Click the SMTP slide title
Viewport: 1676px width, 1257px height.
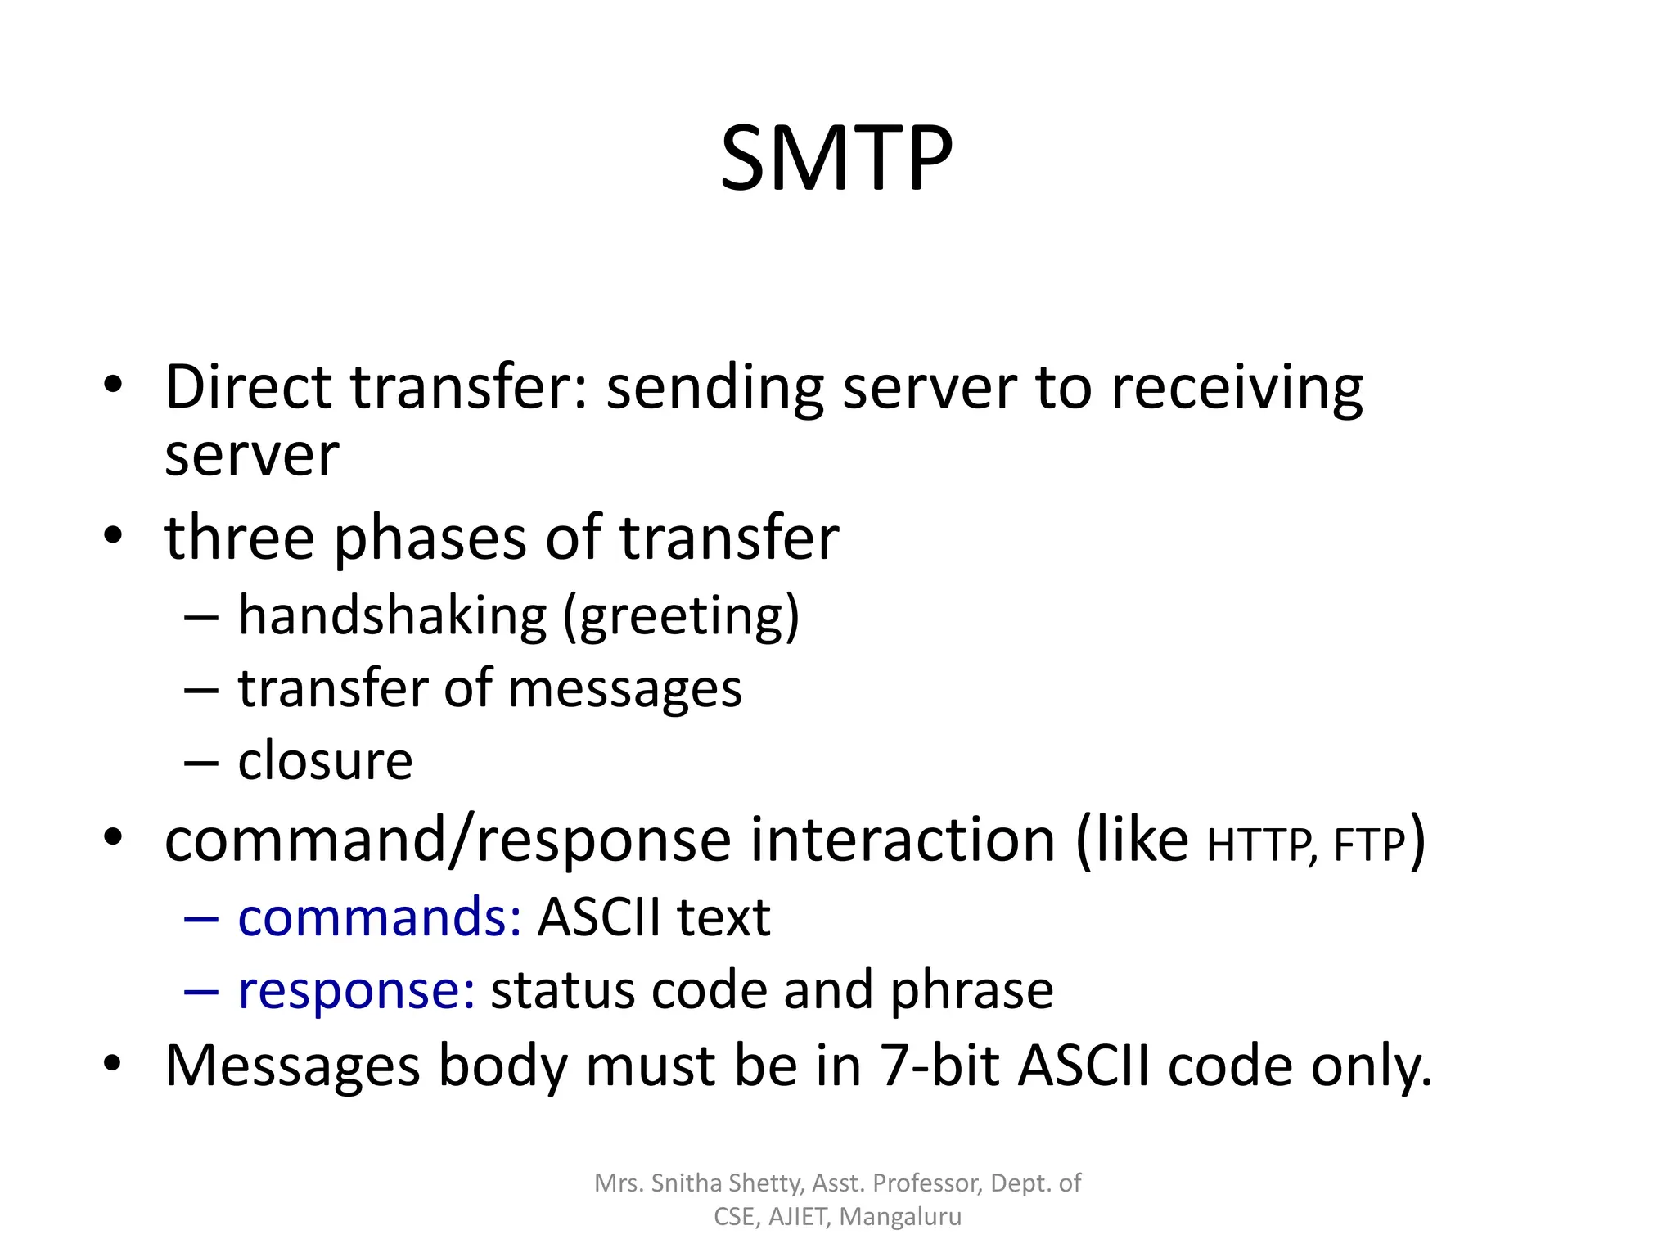pyautogui.click(x=836, y=158)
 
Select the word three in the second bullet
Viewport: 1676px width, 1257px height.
pyautogui.click(x=239, y=538)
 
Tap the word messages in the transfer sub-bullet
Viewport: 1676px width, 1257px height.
pyautogui.click(x=625, y=689)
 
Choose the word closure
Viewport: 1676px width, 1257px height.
pyautogui.click(x=325, y=761)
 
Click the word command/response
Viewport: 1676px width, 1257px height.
pyautogui.click(x=448, y=841)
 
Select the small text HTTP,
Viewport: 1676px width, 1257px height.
pyautogui.click(x=1261, y=845)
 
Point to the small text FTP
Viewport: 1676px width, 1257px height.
pyautogui.click(x=1369, y=845)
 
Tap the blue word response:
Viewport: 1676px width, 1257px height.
pyautogui.click(x=356, y=991)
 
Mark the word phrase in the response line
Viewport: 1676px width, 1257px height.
pyautogui.click(x=971, y=991)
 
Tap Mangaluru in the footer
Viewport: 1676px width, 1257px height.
pyautogui.click(x=900, y=1217)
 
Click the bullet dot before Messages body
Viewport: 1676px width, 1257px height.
pyautogui.click(x=113, y=1064)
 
